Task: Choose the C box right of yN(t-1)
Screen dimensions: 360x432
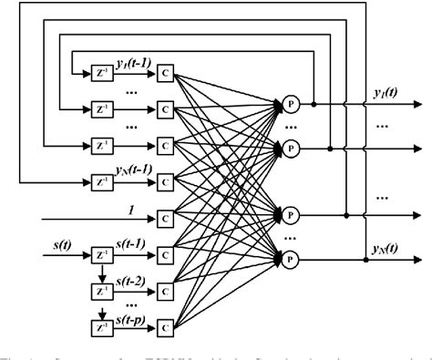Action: [x=164, y=181]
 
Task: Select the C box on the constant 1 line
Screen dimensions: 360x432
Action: [x=164, y=219]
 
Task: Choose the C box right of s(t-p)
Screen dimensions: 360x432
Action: [x=164, y=325]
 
